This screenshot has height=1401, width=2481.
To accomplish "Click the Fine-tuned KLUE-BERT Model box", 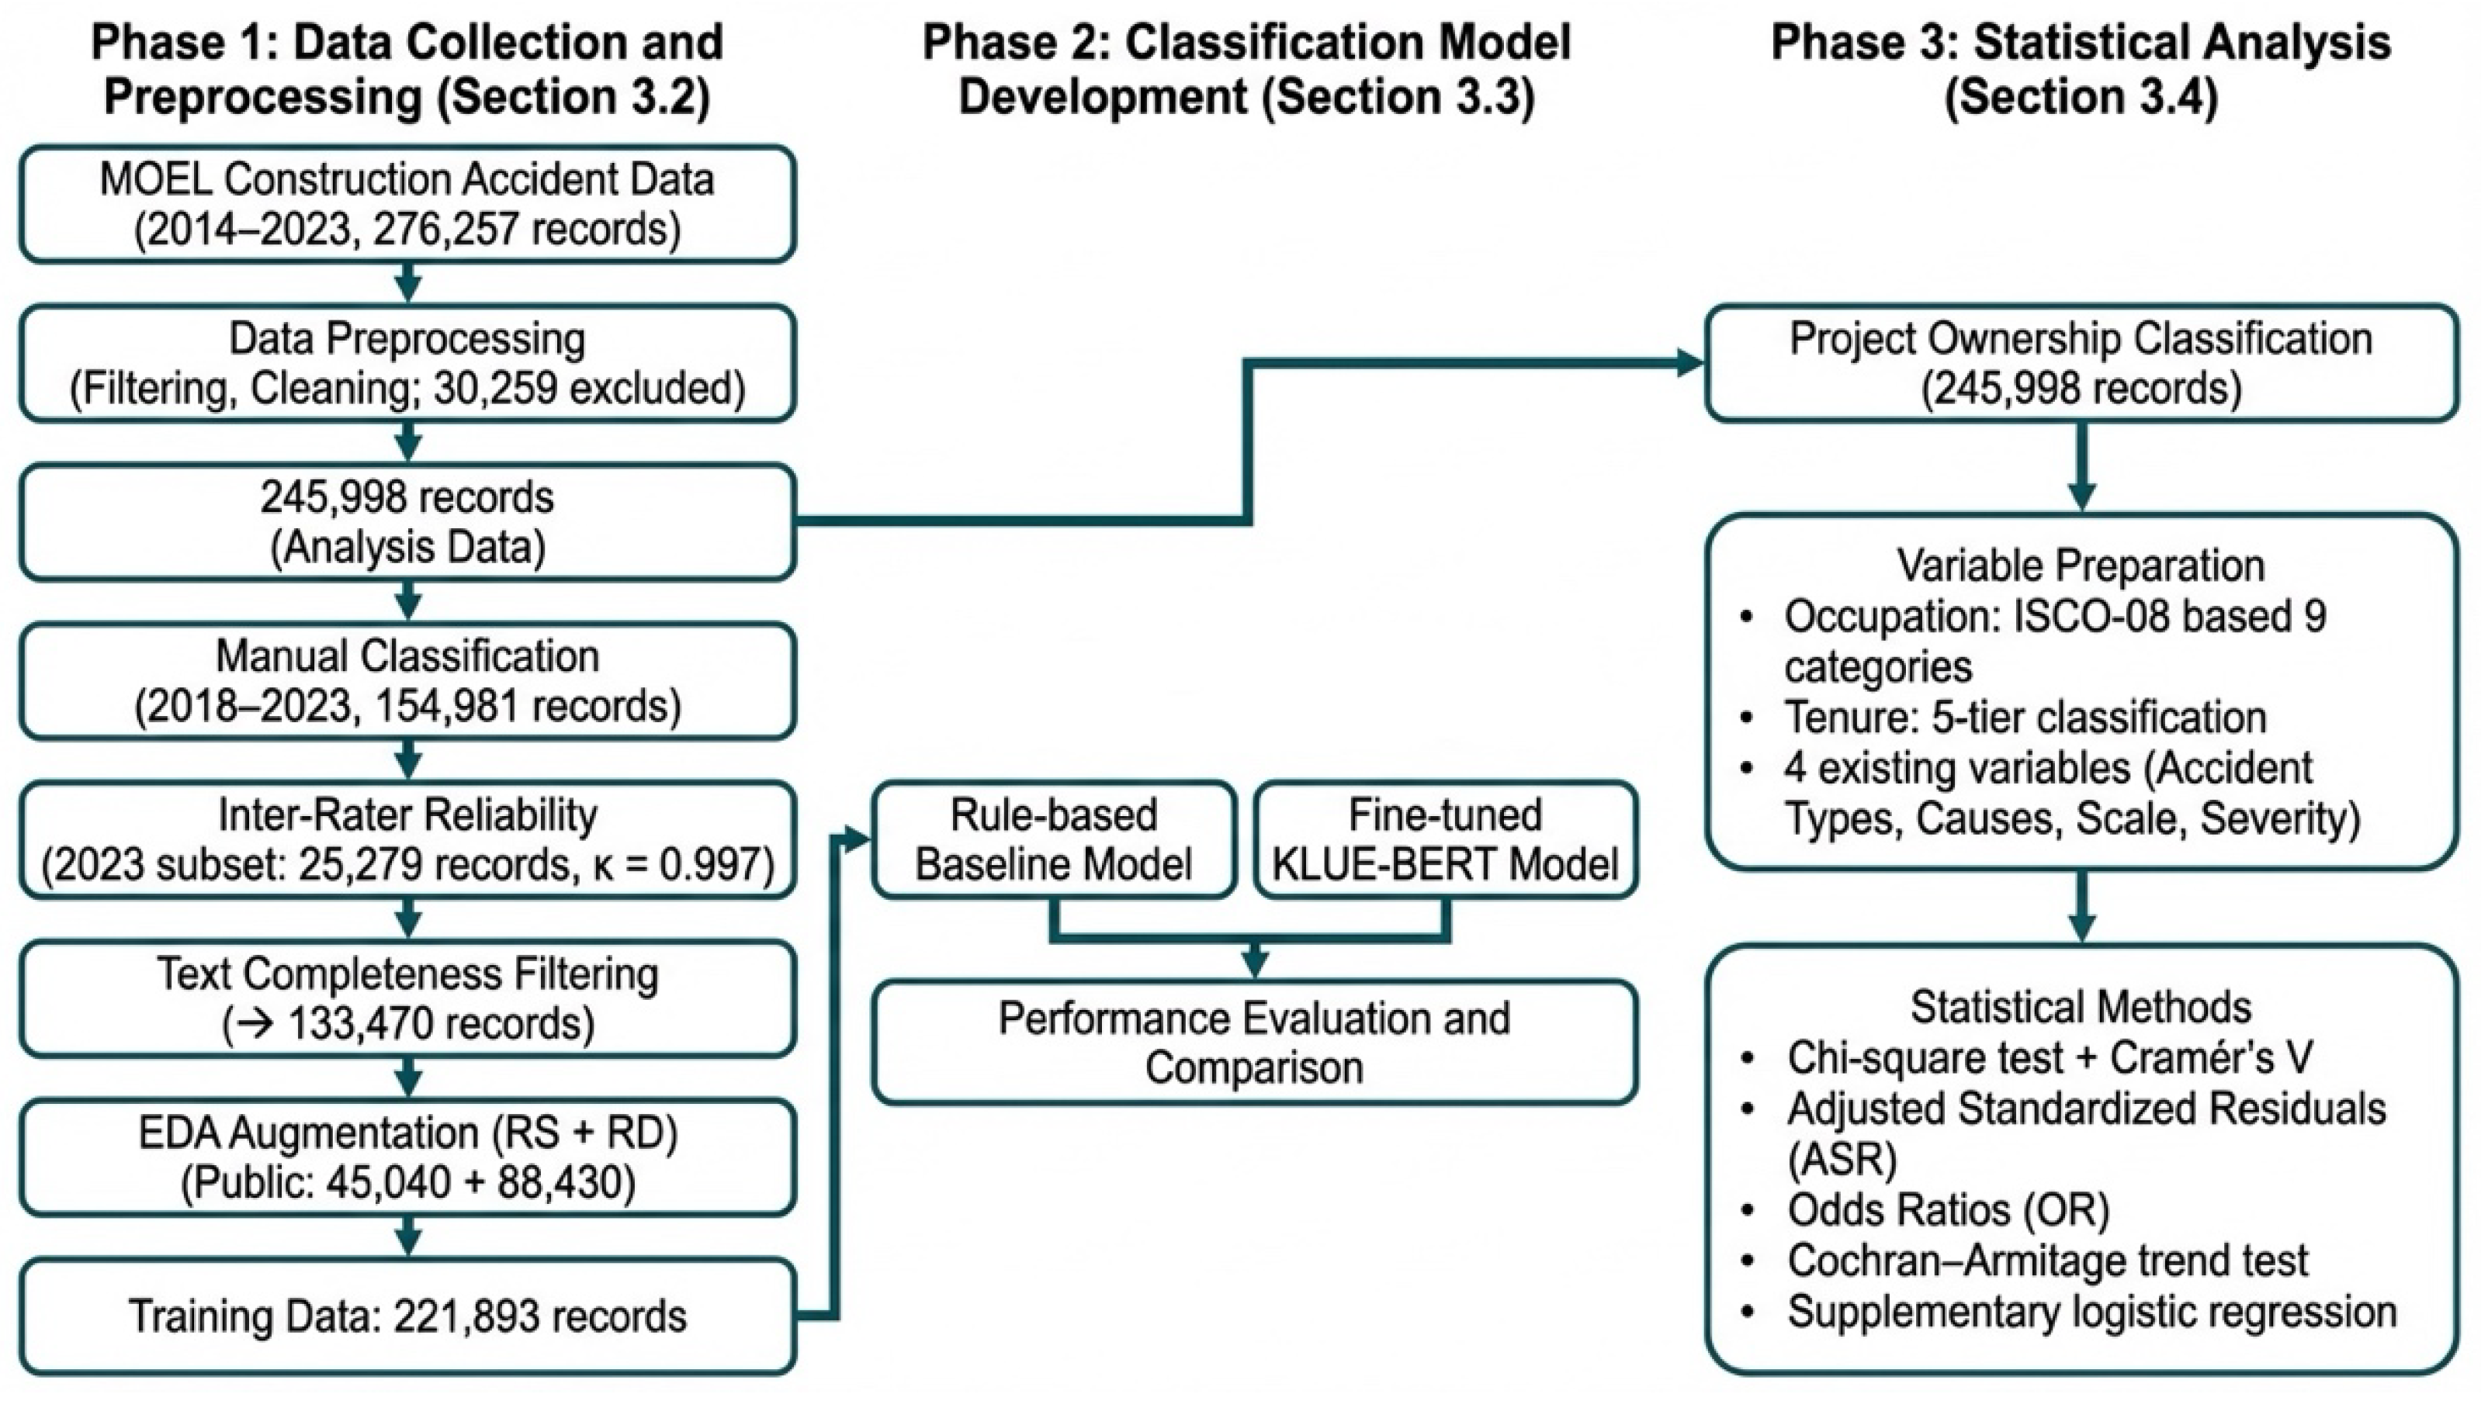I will click(x=1445, y=839).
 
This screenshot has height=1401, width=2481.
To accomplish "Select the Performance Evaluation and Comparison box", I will click(x=1254, y=1042).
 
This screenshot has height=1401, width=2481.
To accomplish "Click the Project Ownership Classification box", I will click(x=2081, y=363).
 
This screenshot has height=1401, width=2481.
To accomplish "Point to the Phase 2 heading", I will click(x=1246, y=69).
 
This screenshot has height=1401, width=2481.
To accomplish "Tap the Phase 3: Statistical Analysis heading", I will click(x=2081, y=69).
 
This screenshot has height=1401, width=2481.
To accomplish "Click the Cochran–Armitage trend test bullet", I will click(x=2046, y=1261).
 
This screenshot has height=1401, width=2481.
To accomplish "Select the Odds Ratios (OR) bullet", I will click(x=1947, y=1210).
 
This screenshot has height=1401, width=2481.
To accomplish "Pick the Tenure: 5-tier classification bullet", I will click(x=2025, y=718).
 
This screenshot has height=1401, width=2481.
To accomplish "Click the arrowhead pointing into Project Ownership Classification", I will click(x=1689, y=363).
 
